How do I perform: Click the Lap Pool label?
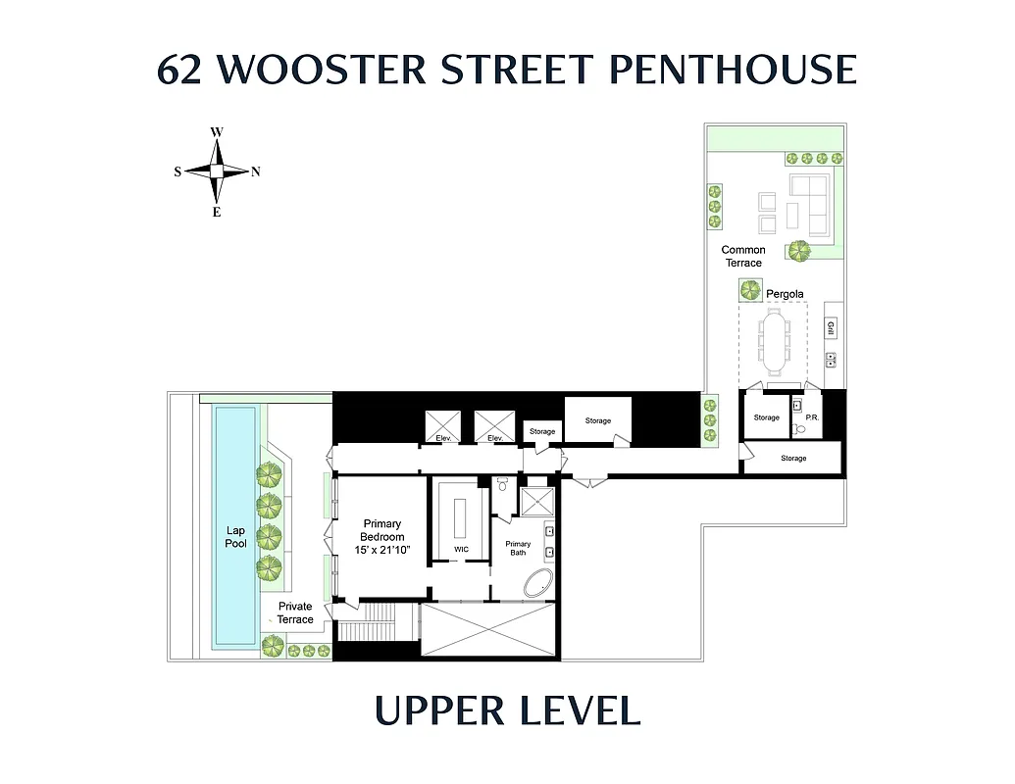tap(235, 537)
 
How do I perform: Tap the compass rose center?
tap(217, 171)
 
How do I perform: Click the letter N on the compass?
tap(256, 171)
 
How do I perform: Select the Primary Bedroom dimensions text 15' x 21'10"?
tap(381, 550)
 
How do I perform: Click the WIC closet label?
tap(461, 549)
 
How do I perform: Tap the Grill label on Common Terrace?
tap(831, 328)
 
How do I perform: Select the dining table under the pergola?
tap(774, 343)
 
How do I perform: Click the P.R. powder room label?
tap(812, 417)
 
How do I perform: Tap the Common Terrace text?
tap(742, 256)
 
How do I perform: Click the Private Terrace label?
tap(294, 612)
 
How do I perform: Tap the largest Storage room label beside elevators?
tap(597, 420)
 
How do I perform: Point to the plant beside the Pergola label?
tap(751, 290)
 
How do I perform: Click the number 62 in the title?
tap(180, 71)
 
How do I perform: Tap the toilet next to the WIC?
tap(502, 484)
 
